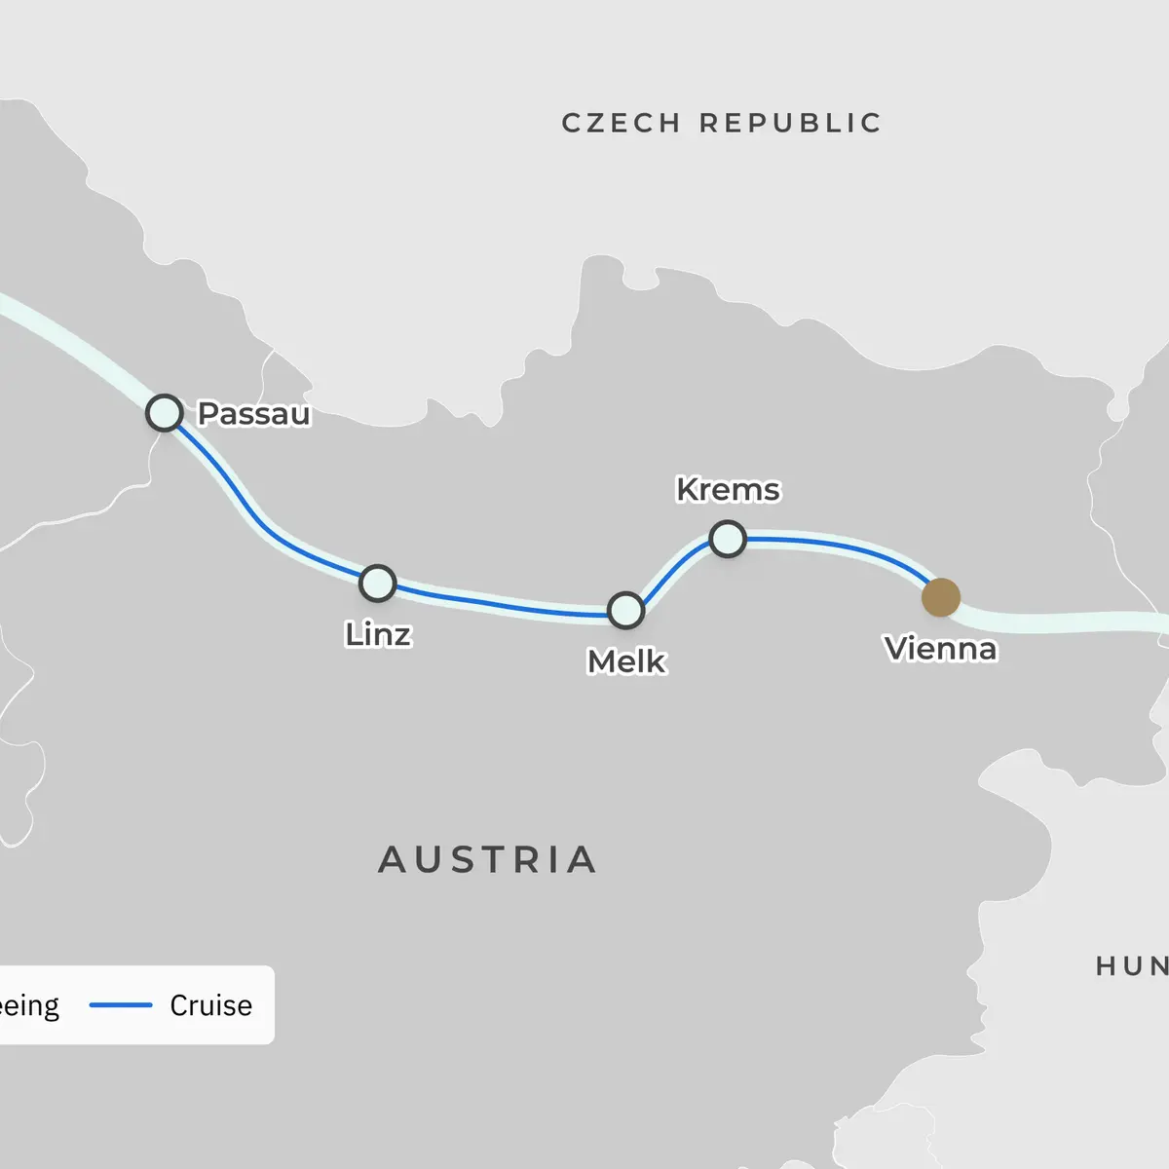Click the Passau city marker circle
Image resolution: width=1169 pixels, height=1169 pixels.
click(x=165, y=413)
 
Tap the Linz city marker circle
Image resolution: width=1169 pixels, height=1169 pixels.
click(x=377, y=583)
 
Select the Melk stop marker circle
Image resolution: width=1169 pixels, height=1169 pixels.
click(x=625, y=610)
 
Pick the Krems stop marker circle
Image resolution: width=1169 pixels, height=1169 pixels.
click(x=728, y=538)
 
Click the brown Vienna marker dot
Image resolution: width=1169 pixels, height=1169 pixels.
click(x=940, y=597)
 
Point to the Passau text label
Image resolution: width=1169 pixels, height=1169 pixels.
click(x=254, y=414)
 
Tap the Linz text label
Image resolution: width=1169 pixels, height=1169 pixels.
click(x=378, y=634)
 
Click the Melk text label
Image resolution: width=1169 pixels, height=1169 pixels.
click(x=626, y=661)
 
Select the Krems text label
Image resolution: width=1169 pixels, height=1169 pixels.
click(x=728, y=489)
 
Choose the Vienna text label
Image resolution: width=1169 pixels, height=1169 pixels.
click(x=940, y=649)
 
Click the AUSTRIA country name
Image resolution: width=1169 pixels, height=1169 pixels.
click(x=487, y=860)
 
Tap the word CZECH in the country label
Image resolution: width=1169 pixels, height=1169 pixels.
click(x=621, y=123)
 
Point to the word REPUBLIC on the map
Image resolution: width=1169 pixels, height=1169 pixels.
click(x=790, y=123)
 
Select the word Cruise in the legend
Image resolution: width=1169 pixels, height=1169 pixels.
click(x=210, y=1005)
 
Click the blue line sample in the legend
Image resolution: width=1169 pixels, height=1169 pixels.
click(x=121, y=1005)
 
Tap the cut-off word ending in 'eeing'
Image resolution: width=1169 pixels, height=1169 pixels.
click(x=29, y=1005)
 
